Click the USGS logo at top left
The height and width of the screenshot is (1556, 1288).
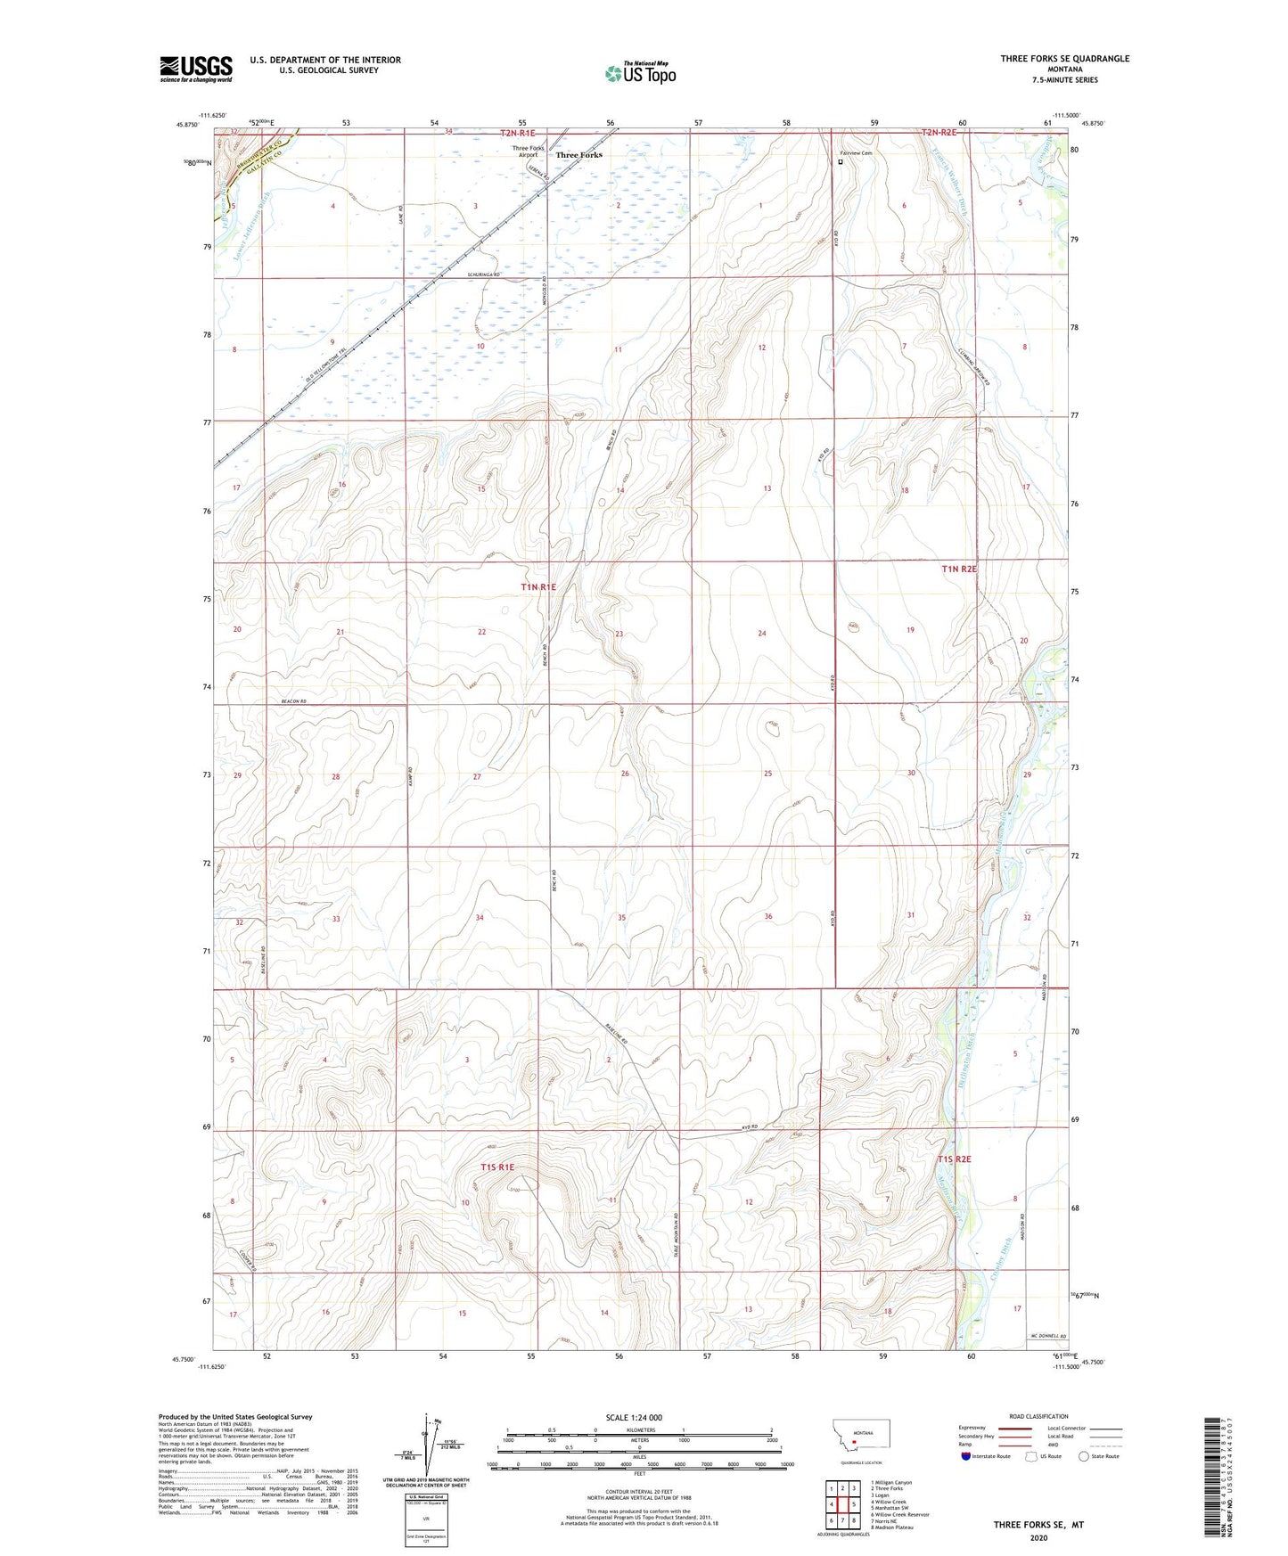pyautogui.click(x=195, y=68)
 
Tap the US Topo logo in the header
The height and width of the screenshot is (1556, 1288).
pyautogui.click(x=639, y=73)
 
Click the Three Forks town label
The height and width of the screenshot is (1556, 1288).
pyautogui.click(x=578, y=155)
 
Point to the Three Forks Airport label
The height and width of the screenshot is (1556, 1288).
pyautogui.click(x=528, y=152)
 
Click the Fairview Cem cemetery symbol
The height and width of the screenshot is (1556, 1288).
pyautogui.click(x=841, y=163)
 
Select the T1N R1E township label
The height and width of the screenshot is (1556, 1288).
pyautogui.click(x=538, y=587)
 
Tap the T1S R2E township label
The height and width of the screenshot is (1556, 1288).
pyautogui.click(x=954, y=1159)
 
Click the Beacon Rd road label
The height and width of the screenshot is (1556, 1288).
pyautogui.click(x=293, y=701)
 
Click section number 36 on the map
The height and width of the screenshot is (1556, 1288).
pyautogui.click(x=767, y=916)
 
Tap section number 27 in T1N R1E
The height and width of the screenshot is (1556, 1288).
pyautogui.click(x=477, y=776)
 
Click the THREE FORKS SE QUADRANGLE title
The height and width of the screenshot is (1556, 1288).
pyautogui.click(x=1064, y=59)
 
